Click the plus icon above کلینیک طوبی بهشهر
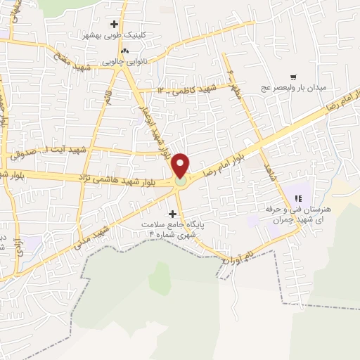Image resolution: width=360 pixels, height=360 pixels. [114, 24]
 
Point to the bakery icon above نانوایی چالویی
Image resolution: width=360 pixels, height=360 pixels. [124, 51]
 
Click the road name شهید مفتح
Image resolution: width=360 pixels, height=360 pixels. [69, 56]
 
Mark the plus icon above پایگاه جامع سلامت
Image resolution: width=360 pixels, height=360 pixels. [173, 212]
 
